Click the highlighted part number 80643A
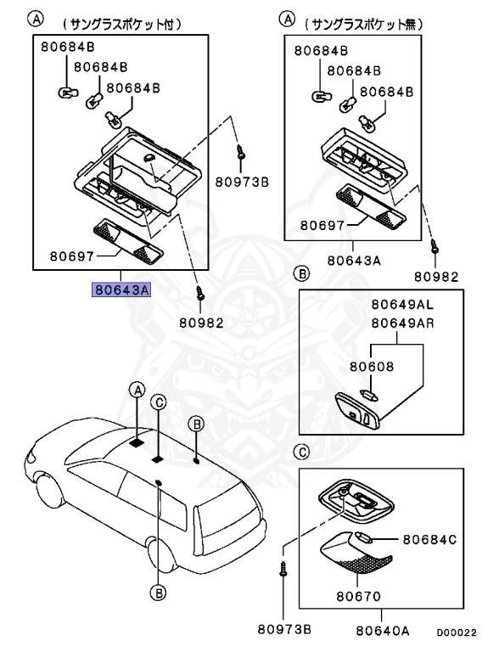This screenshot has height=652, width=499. point(121,289)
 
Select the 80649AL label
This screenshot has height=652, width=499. point(402,305)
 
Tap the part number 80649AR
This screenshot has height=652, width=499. point(402,323)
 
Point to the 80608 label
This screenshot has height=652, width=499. point(372,367)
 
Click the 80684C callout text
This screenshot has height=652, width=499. point(429,540)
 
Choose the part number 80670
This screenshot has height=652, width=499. point(358,597)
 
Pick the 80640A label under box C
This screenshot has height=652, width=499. point(383,631)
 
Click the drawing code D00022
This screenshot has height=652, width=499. point(457,632)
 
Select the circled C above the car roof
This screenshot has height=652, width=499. point(159,402)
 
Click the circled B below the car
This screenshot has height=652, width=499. point(159,592)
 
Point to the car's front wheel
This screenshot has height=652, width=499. point(48,492)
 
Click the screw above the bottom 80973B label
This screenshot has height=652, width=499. point(283,569)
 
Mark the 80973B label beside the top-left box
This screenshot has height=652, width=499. point(242,182)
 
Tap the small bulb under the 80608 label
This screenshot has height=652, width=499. point(371,395)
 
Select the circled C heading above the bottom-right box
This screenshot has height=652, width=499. point(301,452)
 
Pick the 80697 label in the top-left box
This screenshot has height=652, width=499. point(72,256)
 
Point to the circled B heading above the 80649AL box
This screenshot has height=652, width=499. point(301,273)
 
